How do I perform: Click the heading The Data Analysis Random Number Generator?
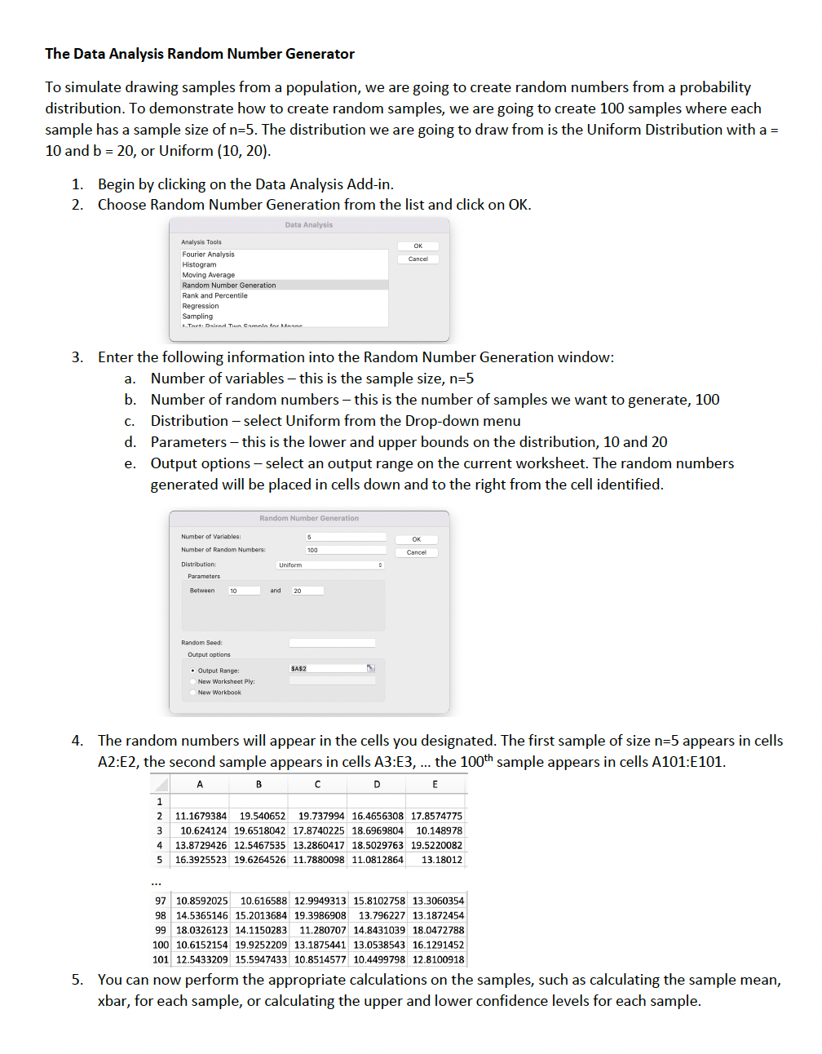click(x=200, y=54)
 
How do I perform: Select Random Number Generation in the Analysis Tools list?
click(x=229, y=286)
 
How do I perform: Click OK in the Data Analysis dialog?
click(x=418, y=246)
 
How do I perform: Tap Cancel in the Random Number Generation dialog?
click(x=417, y=552)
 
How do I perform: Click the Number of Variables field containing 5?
click(x=345, y=537)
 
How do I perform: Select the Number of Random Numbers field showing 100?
click(x=345, y=550)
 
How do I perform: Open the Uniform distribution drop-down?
click(x=329, y=565)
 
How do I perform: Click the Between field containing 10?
click(x=243, y=591)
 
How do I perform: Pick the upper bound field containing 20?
click(x=307, y=591)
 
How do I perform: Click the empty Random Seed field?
click(x=332, y=643)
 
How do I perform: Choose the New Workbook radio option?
click(x=193, y=693)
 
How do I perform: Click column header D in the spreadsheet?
click(x=377, y=784)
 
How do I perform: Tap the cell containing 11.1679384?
click(x=201, y=816)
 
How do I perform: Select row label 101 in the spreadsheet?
click(x=160, y=959)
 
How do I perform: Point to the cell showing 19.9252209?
click(x=260, y=945)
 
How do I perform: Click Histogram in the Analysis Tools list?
click(x=199, y=264)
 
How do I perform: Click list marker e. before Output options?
click(x=130, y=463)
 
